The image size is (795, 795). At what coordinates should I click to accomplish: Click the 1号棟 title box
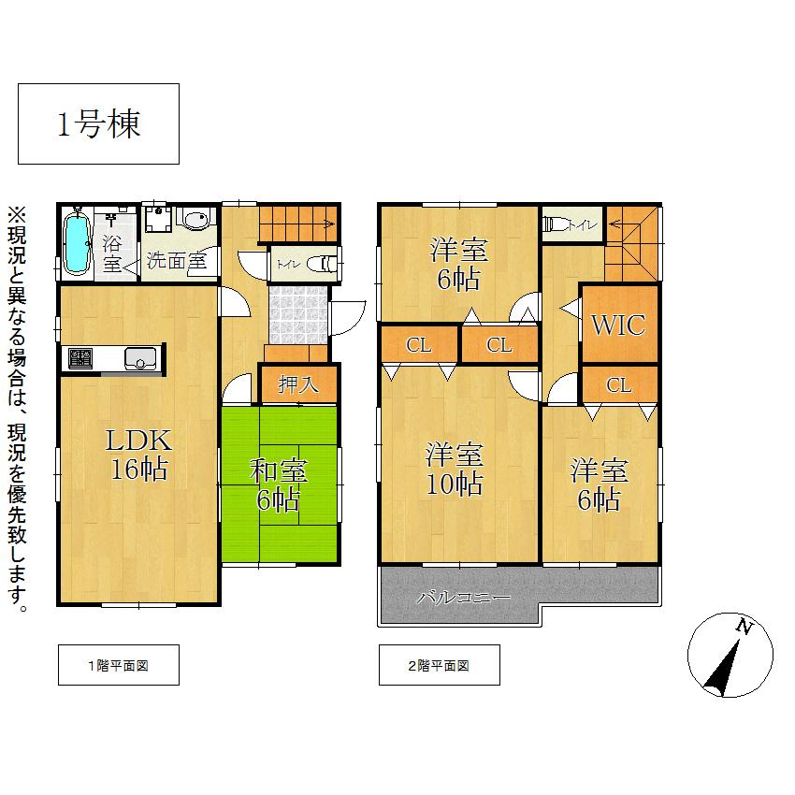click(98, 124)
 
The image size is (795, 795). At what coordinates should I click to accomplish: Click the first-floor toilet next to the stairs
click(322, 265)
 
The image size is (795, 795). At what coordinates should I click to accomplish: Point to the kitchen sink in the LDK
click(140, 358)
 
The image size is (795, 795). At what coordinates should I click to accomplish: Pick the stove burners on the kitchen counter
click(79, 358)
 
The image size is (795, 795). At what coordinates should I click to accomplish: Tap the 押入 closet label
click(298, 383)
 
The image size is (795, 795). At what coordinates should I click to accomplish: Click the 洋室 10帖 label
click(455, 470)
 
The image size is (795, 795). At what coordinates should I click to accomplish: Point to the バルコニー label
click(464, 596)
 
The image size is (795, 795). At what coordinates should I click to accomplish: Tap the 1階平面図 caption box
click(118, 665)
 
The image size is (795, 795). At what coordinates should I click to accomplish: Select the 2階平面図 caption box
click(439, 665)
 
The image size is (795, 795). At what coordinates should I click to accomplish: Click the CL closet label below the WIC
click(618, 384)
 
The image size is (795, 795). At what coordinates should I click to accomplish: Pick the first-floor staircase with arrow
click(297, 223)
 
